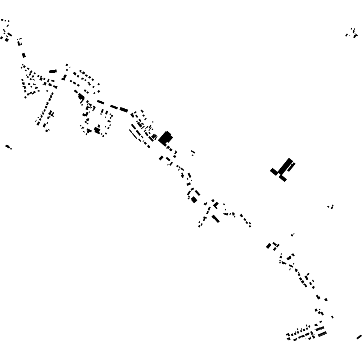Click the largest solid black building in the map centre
(165, 138)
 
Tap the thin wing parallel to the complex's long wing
(291, 167)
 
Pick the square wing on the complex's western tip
(274, 171)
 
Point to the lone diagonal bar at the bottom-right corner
(359, 337)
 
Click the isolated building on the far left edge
(8, 147)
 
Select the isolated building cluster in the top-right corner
(352, 33)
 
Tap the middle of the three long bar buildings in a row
(114, 107)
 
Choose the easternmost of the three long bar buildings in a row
(124, 110)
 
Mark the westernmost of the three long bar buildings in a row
(101, 102)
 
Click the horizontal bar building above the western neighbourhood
(53, 72)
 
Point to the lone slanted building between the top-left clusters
(24, 55)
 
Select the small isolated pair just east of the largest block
(193, 152)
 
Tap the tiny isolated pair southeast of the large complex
(331, 206)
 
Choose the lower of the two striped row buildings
(322, 334)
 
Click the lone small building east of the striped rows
(332, 317)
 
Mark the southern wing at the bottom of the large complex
(283, 178)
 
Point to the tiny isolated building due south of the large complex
(292, 235)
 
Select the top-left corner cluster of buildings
(5, 31)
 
